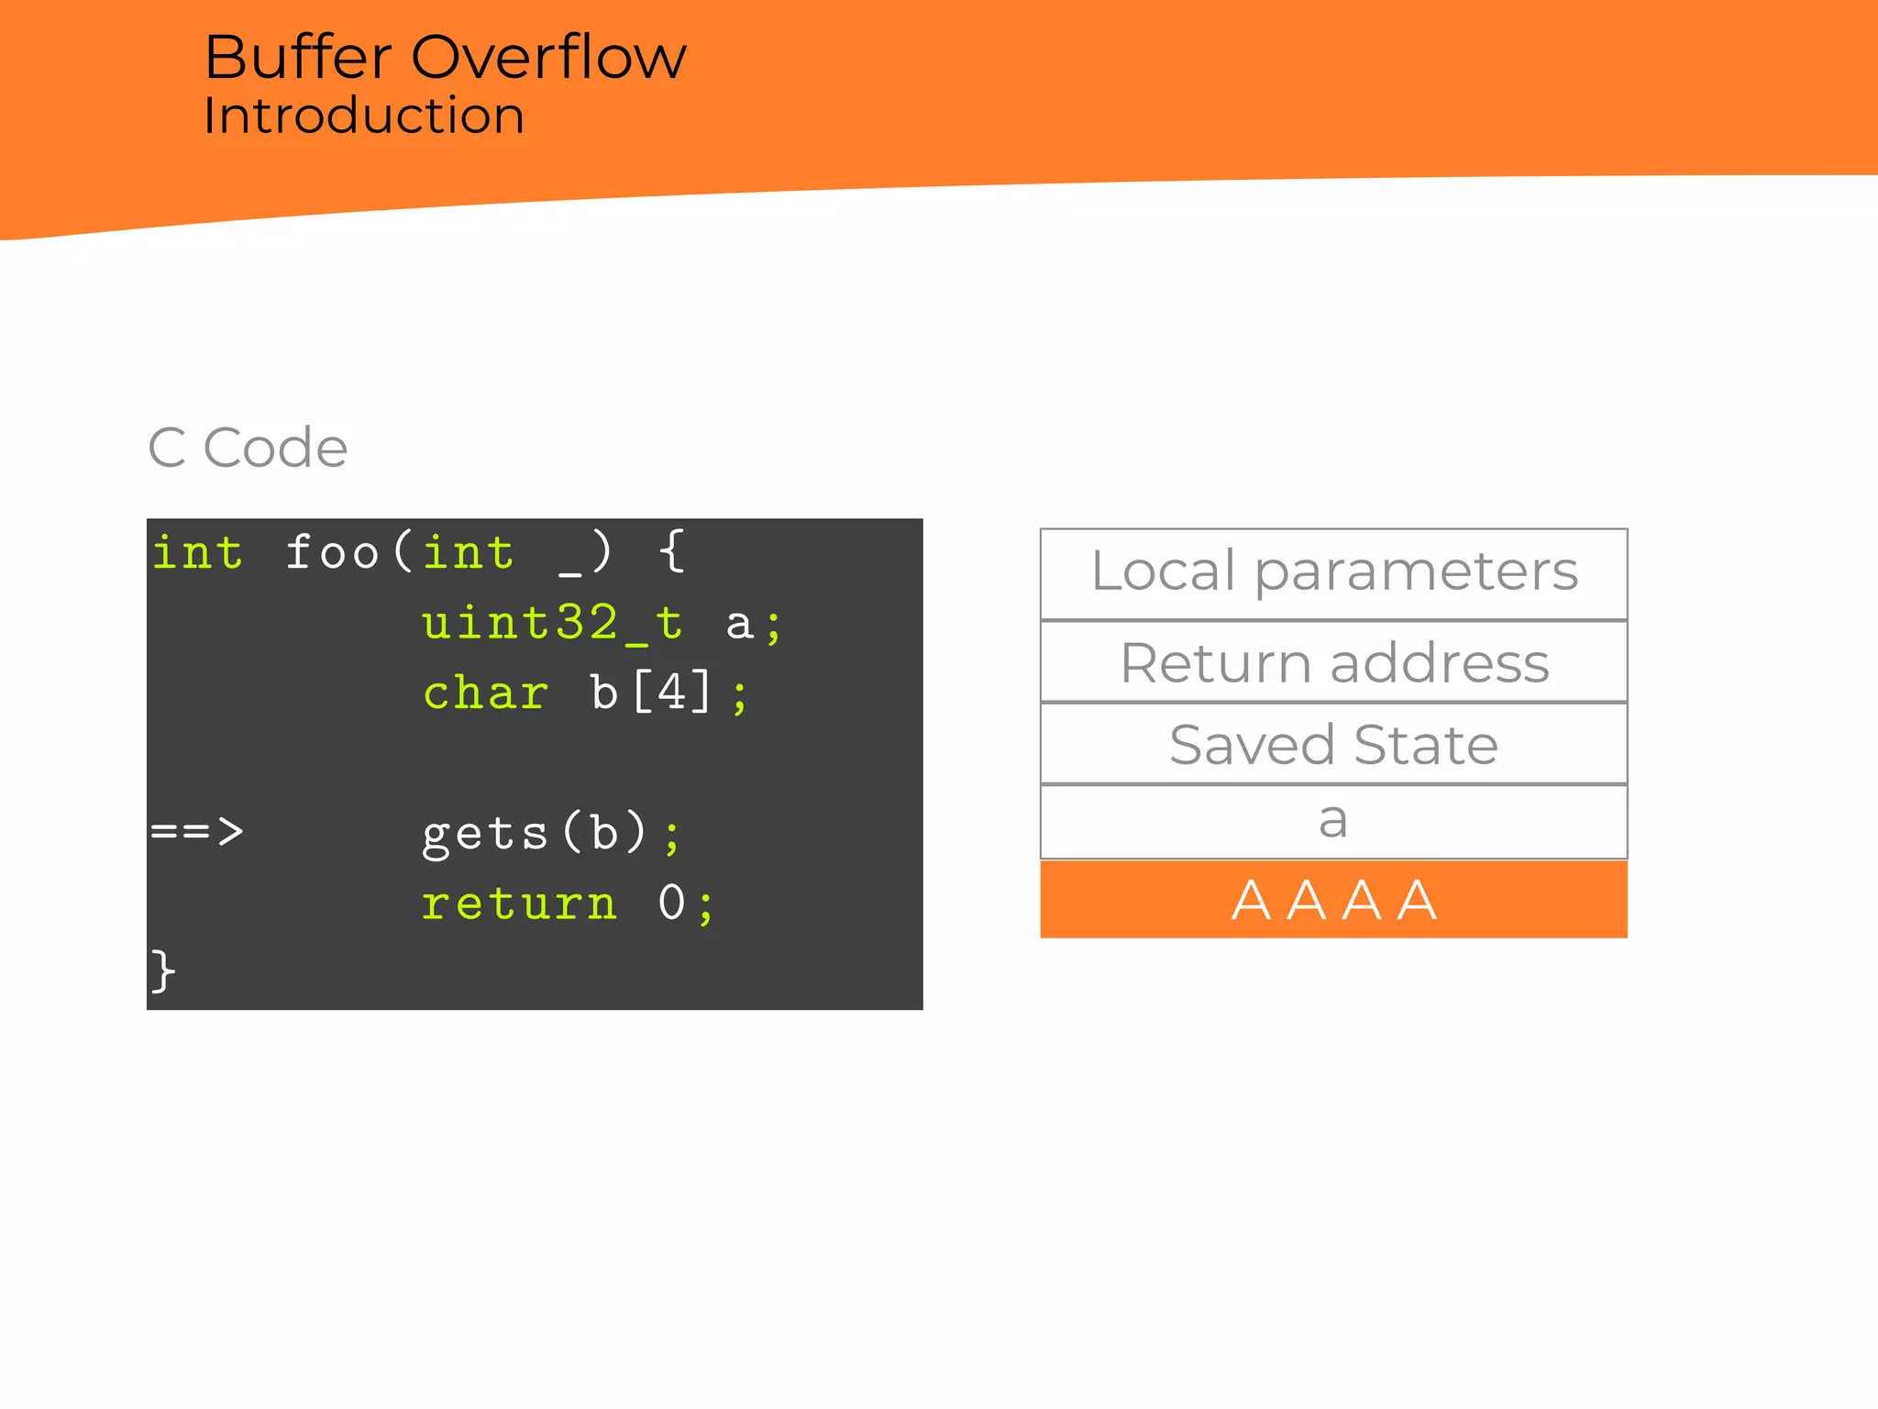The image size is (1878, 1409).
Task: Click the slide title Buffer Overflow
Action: click(445, 57)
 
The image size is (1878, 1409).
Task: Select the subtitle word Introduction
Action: click(363, 116)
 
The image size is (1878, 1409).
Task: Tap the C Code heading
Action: click(248, 448)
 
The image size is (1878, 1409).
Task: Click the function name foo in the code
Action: click(332, 553)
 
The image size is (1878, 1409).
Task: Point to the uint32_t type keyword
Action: click(552, 624)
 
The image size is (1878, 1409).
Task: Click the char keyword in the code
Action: click(486, 693)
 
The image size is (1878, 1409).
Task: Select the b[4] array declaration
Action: click(650, 693)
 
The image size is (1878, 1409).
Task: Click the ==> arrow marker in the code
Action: click(197, 831)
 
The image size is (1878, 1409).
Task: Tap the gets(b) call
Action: click(536, 833)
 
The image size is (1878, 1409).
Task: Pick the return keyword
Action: click(519, 904)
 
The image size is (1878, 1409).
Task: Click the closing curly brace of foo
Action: click(162, 971)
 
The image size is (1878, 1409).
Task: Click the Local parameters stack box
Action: click(1333, 572)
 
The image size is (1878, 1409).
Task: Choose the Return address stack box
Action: click(1333, 662)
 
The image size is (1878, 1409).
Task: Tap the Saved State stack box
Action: click(1333, 744)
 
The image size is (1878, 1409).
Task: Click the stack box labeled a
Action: click(1333, 822)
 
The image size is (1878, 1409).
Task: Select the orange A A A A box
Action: click(1333, 899)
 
